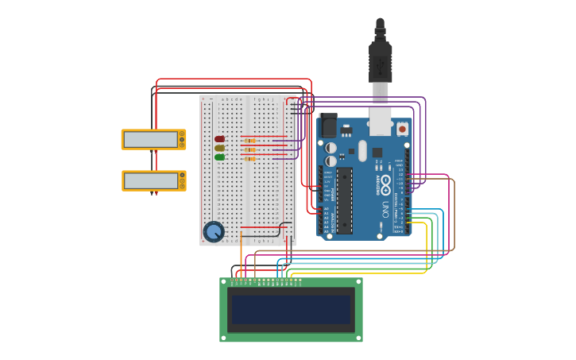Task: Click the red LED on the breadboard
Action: pyautogui.click(x=219, y=139)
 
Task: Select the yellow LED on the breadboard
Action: pyautogui.click(x=219, y=148)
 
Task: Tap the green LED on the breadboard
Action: pyautogui.click(x=219, y=157)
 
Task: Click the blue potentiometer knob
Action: pyautogui.click(x=213, y=231)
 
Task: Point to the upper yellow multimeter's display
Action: pyautogui.click(x=150, y=139)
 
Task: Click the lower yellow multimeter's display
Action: pyautogui.click(x=150, y=180)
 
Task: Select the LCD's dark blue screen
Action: pyautogui.click(x=291, y=310)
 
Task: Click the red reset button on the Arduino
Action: pyautogui.click(x=402, y=128)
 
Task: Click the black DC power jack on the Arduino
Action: pyautogui.click(x=327, y=126)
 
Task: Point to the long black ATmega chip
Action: pyautogui.click(x=344, y=200)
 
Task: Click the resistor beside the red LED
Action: pyautogui.click(x=250, y=140)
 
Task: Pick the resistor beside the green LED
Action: pyautogui.click(x=250, y=158)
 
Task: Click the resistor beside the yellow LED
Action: pyautogui.click(x=250, y=149)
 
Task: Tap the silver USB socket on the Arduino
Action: pyautogui.click(x=381, y=122)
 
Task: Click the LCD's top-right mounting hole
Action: pyautogui.click(x=358, y=281)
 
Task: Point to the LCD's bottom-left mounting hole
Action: pyautogui.click(x=224, y=338)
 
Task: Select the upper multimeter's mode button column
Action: pyautogui.click(x=182, y=139)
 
